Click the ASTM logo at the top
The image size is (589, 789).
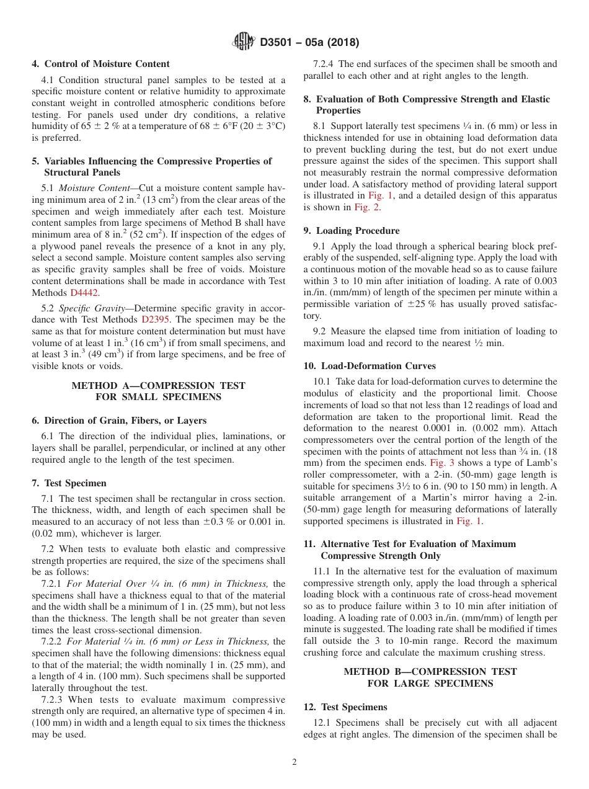click(x=243, y=42)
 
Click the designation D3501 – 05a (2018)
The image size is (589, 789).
click(x=309, y=43)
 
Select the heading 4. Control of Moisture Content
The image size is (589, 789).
click(x=100, y=64)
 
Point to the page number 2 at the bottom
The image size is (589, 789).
click(x=294, y=762)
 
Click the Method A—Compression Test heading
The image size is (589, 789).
click(x=158, y=391)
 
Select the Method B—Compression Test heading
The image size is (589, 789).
click(x=430, y=677)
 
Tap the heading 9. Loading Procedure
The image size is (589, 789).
click(x=352, y=230)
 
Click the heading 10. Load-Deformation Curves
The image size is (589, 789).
click(x=370, y=366)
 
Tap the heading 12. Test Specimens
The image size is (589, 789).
click(x=345, y=707)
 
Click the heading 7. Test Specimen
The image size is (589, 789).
click(x=69, y=483)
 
